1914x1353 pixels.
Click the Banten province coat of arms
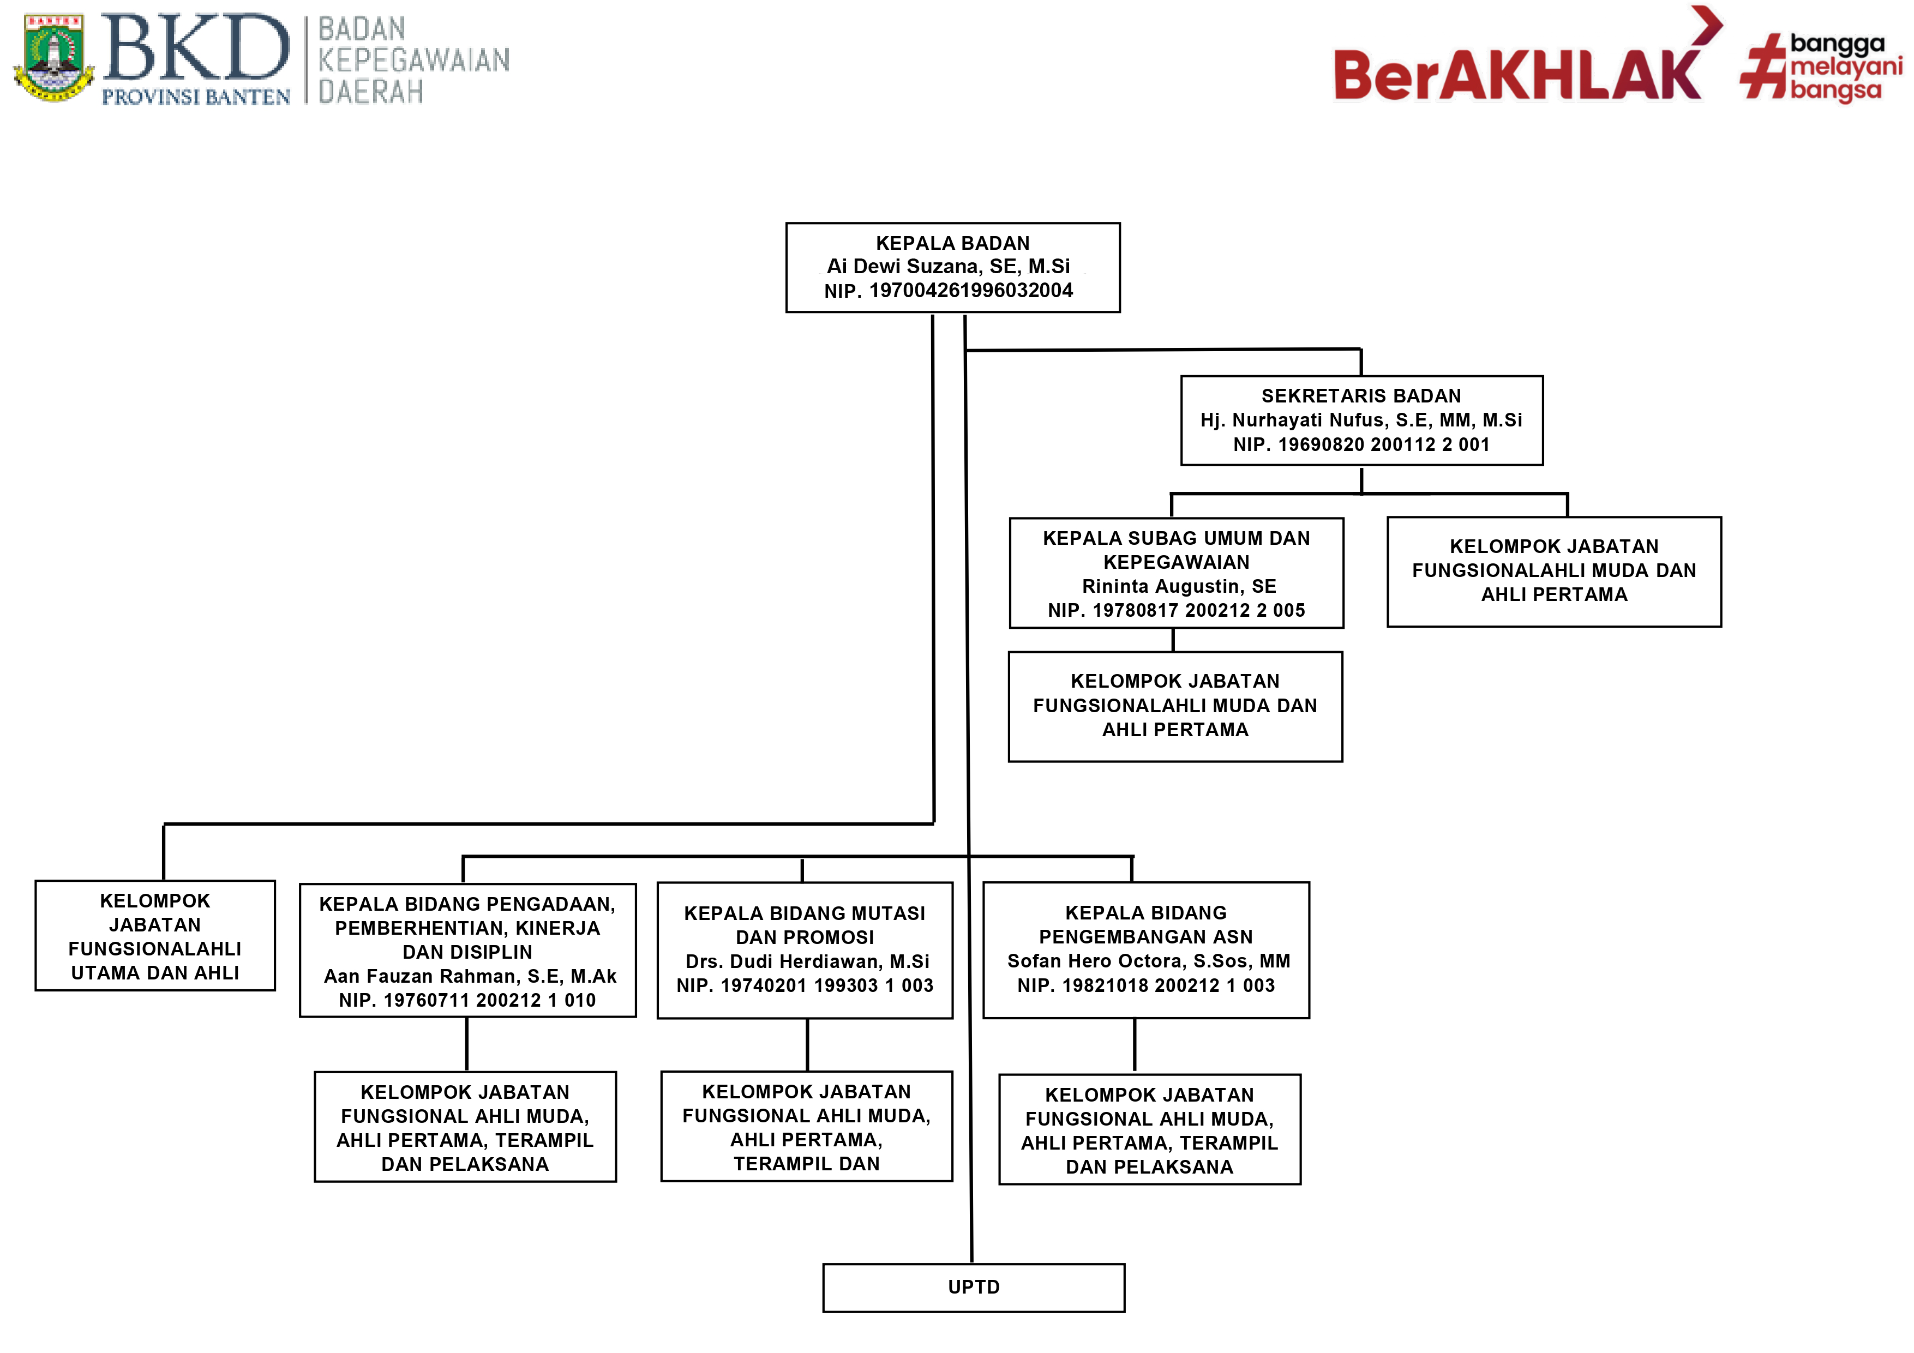tap(53, 57)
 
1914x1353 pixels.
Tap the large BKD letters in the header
tap(195, 49)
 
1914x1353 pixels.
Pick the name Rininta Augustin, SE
tap(1179, 586)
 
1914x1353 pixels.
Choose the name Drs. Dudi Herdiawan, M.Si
tap(807, 961)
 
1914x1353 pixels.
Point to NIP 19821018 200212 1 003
tap(1145, 985)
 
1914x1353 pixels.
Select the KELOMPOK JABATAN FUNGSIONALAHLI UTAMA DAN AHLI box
tap(155, 936)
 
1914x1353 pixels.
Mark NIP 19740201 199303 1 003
tap(805, 985)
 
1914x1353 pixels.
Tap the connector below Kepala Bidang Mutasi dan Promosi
tap(807, 1044)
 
